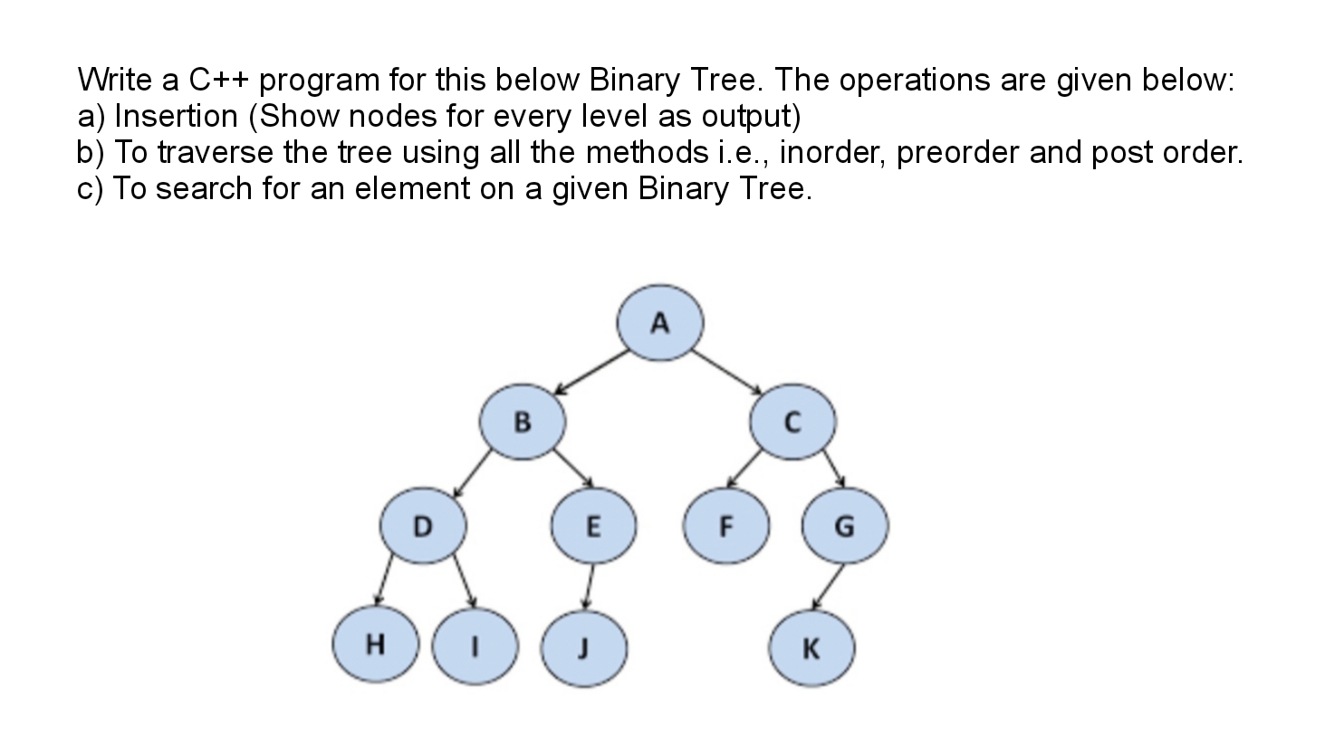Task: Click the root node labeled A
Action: (660, 323)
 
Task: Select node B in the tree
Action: (523, 422)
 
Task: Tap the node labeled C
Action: (792, 422)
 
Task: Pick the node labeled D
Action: (423, 526)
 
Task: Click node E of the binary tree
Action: (594, 526)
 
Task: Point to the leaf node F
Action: (726, 526)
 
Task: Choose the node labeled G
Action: (845, 526)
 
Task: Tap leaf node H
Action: (376, 644)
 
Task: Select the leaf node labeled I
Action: (475, 647)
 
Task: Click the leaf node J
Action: (584, 649)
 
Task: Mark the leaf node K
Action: (811, 649)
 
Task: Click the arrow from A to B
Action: (590, 372)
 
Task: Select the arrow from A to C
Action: (727, 371)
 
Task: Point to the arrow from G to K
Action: (828, 587)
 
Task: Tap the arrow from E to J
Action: (588, 587)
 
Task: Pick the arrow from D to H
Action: (383, 579)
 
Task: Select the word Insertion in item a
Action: (176, 116)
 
